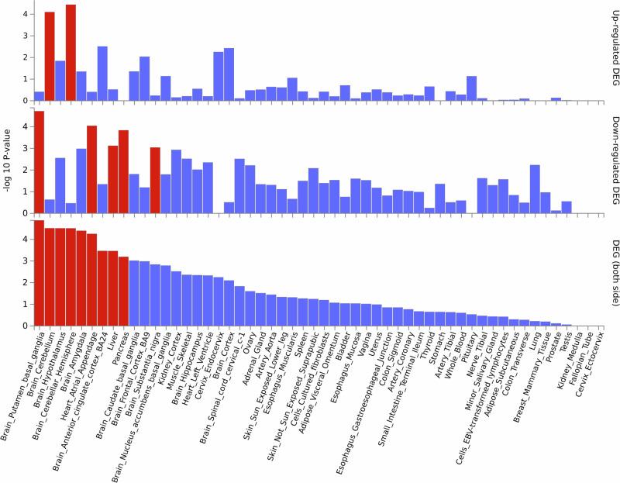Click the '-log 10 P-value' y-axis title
point(8,163)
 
